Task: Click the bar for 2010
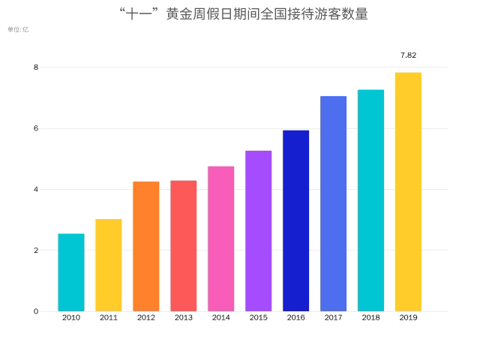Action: coord(71,272)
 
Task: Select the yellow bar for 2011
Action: coord(109,265)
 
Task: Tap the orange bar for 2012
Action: coord(146,246)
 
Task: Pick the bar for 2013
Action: coord(184,245)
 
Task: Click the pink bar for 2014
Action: coord(221,238)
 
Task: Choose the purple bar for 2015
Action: coord(259,231)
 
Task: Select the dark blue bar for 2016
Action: coord(295,220)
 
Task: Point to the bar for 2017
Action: coord(333,203)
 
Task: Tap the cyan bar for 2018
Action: coord(370,200)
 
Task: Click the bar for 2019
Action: coord(408,192)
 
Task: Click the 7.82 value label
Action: coord(408,55)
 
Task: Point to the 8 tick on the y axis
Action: coord(35,67)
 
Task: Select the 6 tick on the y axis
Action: coord(35,128)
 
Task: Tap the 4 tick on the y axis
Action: coord(35,189)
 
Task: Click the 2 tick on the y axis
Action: coord(35,250)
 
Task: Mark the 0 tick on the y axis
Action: coord(35,311)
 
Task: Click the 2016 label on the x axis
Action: coord(295,318)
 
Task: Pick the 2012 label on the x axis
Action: coord(146,318)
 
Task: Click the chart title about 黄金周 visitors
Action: coord(244,13)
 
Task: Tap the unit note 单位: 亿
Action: coord(18,29)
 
